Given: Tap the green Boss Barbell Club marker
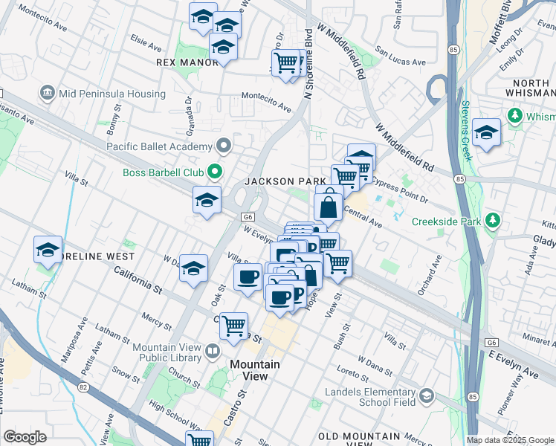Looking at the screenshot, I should click(x=216, y=172).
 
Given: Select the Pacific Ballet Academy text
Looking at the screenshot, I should click(x=159, y=146).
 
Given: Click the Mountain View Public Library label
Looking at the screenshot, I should click(x=167, y=352).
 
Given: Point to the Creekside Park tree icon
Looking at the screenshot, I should click(x=492, y=220).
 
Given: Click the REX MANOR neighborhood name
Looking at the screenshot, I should click(x=187, y=62).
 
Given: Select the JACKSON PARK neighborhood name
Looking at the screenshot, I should click(x=285, y=181).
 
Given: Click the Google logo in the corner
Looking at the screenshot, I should click(x=25, y=437).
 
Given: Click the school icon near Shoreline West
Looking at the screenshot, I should click(x=48, y=250).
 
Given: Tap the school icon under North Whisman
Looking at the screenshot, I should click(x=486, y=132).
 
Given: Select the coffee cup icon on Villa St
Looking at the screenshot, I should click(x=248, y=276).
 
